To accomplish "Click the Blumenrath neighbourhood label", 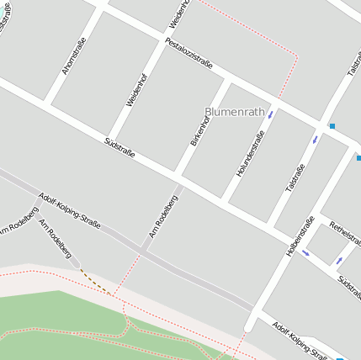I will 235,111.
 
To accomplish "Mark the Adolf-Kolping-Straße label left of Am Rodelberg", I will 70,211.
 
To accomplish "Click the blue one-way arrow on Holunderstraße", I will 270,114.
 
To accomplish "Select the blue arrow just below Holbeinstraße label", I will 305,252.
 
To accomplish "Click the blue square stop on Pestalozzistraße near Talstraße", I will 332,126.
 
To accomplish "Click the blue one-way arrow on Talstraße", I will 316,138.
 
